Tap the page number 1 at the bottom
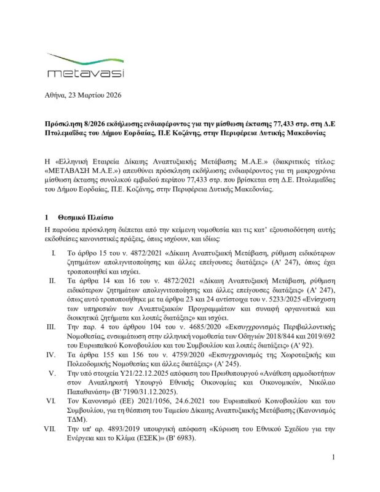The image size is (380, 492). [332, 474]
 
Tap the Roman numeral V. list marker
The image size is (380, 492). [53, 373]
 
